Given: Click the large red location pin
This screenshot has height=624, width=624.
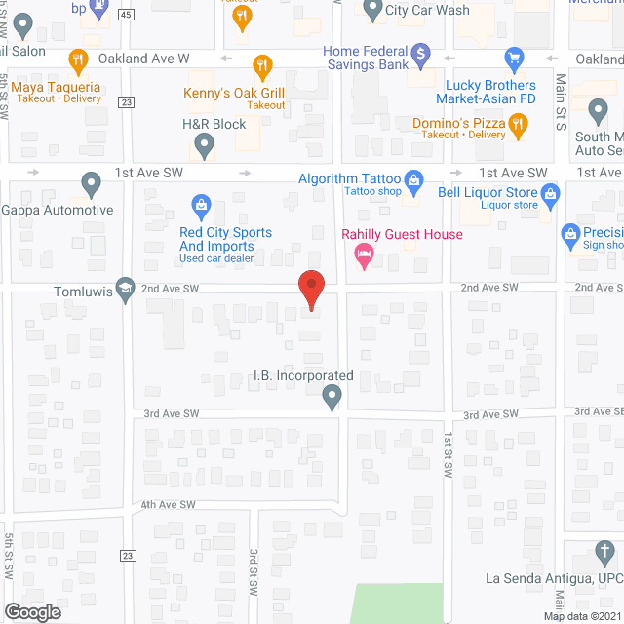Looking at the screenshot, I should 310,290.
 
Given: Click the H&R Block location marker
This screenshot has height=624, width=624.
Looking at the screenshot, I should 204,146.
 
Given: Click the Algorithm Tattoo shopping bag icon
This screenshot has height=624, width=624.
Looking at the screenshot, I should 413,179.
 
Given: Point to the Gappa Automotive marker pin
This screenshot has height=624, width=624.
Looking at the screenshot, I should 91,182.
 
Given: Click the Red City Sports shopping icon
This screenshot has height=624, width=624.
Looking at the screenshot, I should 201,205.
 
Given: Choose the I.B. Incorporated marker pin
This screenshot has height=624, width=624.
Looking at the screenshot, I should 331,396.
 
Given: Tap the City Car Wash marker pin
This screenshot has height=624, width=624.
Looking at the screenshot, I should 371,10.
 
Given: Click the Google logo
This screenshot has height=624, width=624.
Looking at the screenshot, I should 31,611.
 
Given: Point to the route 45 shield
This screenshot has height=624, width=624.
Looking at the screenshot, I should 127,16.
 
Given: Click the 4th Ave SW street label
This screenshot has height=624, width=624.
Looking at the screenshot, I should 168,505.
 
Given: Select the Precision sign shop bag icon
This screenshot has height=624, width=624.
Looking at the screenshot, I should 571,233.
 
